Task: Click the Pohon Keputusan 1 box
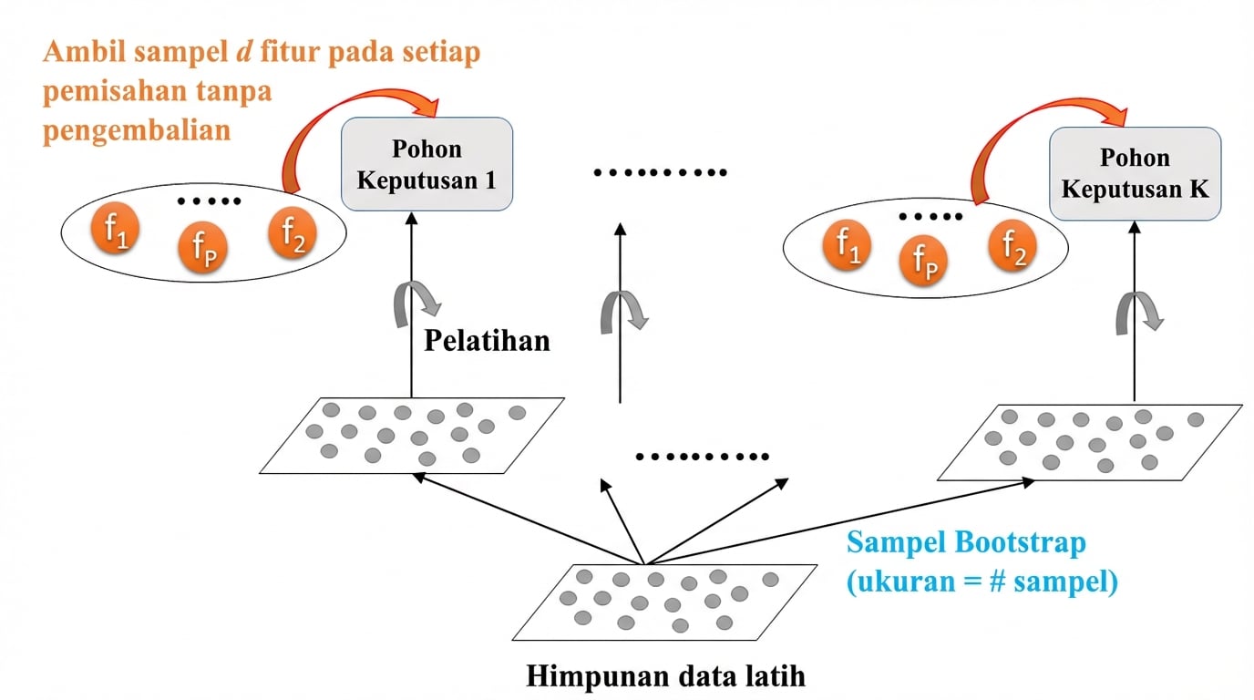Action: (x=427, y=164)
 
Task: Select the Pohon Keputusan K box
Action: (x=1135, y=173)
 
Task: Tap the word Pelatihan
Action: (x=488, y=341)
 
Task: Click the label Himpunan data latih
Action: (x=665, y=677)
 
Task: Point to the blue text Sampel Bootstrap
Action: (x=966, y=543)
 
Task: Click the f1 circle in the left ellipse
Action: (x=114, y=230)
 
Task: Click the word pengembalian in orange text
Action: (x=136, y=129)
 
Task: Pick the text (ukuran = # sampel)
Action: (x=982, y=581)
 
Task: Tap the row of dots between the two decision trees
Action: (x=660, y=172)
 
